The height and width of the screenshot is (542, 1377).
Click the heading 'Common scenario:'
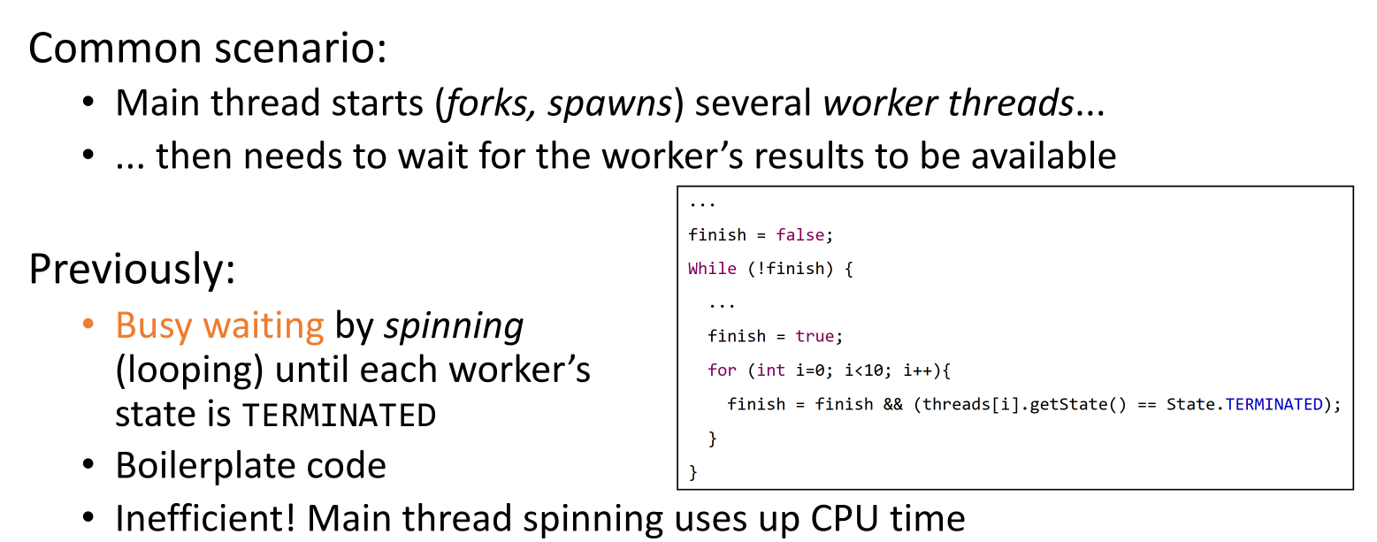click(x=207, y=48)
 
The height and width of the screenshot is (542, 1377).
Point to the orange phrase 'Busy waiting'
click(x=219, y=326)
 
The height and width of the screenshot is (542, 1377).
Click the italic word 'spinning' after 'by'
click(x=454, y=326)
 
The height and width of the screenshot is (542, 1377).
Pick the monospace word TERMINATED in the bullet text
click(x=339, y=415)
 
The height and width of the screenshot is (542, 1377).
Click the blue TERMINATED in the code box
click(x=1274, y=404)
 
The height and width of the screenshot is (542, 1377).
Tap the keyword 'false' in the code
click(x=799, y=235)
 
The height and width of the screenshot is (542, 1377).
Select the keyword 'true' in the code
click(x=814, y=336)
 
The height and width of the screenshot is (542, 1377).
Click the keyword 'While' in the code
click(x=712, y=269)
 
